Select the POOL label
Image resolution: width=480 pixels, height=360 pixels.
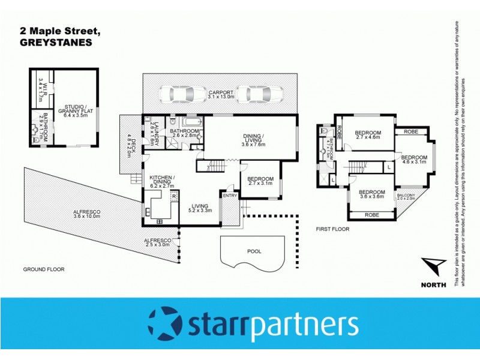point(254,251)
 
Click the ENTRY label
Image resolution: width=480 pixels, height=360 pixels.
point(229,196)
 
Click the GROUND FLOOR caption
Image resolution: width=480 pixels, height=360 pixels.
point(43,269)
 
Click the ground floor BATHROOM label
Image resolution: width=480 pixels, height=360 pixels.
point(184,133)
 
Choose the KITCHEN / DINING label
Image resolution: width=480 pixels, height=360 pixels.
point(162,181)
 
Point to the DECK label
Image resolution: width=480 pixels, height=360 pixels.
point(128,145)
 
